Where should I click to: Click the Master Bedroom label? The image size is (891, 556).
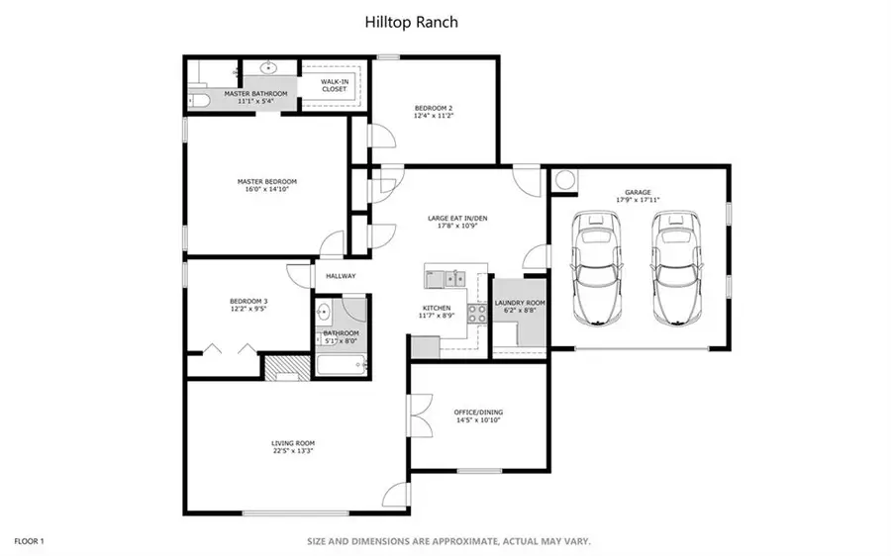(266, 182)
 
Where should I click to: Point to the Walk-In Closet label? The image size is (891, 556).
(334, 85)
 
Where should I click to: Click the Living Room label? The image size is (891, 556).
(293, 443)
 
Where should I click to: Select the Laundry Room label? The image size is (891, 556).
(520, 303)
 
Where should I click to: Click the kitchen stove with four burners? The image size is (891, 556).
(476, 313)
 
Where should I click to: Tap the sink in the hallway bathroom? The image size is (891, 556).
(324, 313)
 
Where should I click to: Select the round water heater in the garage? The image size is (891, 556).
(565, 181)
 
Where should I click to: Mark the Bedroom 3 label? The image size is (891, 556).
(248, 301)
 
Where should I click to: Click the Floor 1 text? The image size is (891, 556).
(29, 541)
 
